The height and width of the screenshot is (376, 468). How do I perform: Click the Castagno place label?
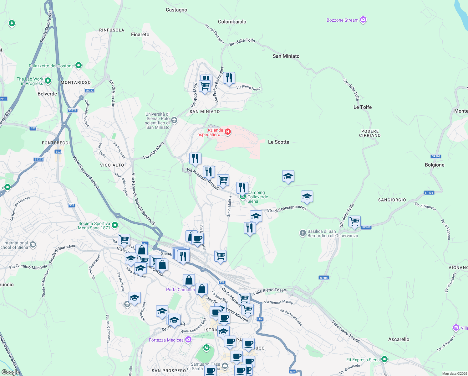176,10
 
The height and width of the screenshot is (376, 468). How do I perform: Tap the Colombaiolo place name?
232,22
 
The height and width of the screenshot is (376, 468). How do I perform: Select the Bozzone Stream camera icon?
363,20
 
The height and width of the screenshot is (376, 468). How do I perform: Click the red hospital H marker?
228,132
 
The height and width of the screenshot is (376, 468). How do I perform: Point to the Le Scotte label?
278,142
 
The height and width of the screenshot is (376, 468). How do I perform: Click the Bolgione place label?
435,165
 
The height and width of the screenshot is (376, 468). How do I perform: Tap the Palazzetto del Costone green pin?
79,65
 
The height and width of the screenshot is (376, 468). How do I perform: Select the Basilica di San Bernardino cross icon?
303,233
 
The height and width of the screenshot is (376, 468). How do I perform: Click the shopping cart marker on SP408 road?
354,221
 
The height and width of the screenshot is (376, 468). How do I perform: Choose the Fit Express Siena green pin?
384,359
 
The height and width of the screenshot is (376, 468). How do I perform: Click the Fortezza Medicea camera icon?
188,339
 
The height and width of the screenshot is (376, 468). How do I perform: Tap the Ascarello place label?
399,339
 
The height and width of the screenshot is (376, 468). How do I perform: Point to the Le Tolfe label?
363,107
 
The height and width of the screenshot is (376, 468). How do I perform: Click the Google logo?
10,372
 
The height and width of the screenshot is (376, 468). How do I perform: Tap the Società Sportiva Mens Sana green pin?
115,225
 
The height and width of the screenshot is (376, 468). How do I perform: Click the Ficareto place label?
140,34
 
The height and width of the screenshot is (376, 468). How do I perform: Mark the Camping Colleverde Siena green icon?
242,196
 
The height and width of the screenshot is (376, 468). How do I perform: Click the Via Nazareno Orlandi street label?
203,179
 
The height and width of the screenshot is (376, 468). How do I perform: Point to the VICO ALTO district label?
112,165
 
